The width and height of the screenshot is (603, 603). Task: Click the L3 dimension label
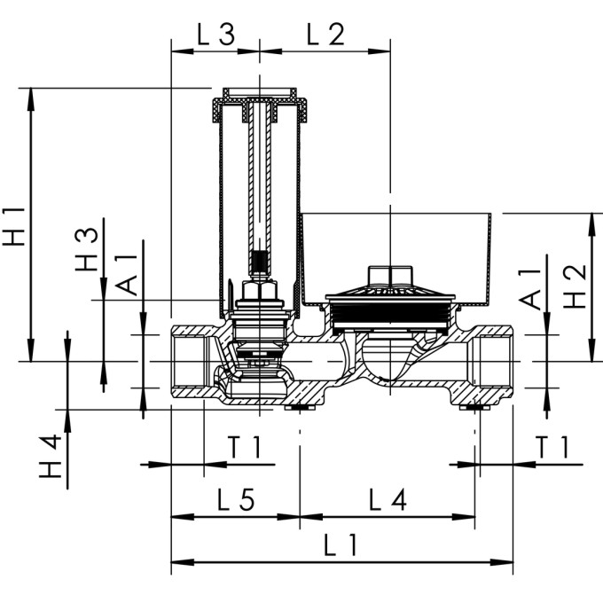click(x=215, y=35)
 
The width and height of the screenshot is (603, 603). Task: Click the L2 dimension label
click(x=325, y=35)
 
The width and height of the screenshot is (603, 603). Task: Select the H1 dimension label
click(x=13, y=226)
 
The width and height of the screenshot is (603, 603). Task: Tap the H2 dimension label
click(x=575, y=286)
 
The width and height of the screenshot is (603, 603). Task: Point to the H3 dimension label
click(x=87, y=249)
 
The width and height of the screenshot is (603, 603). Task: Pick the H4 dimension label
click(x=51, y=456)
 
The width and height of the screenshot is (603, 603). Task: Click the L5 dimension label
click(x=236, y=499)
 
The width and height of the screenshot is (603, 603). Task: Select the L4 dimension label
click(x=388, y=499)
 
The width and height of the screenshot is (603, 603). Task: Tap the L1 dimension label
click(x=341, y=545)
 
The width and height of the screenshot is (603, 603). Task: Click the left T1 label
click(x=245, y=447)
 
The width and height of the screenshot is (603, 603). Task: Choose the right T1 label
click(x=552, y=447)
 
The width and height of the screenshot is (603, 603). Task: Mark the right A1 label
click(x=530, y=289)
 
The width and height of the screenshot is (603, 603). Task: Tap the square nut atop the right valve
click(x=390, y=276)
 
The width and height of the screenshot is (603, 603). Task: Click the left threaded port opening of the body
click(x=188, y=362)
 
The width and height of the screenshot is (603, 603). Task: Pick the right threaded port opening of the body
click(x=496, y=362)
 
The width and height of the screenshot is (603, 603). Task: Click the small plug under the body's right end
click(x=474, y=408)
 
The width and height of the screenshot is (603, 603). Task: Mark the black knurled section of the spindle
click(x=260, y=262)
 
